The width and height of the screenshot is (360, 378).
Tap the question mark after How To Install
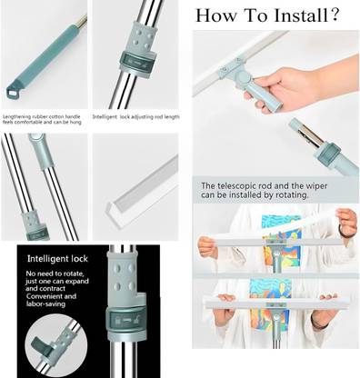point(335,15)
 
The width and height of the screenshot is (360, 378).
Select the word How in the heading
point(215,15)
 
